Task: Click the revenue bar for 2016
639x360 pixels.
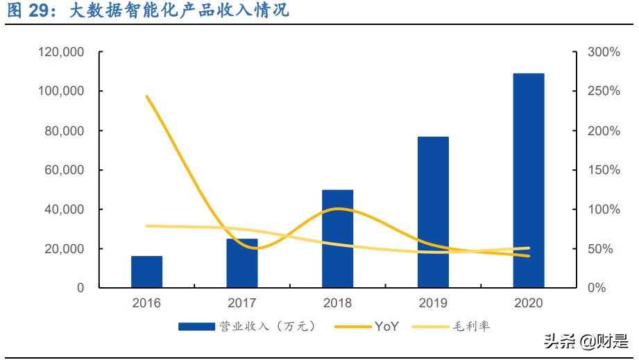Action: (x=146, y=272)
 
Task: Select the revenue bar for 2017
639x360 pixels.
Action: (x=242, y=264)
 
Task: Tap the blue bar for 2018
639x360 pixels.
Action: (x=337, y=239)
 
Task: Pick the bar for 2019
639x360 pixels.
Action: (x=433, y=212)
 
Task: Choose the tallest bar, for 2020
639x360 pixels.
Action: (x=529, y=180)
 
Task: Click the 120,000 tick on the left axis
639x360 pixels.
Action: (x=62, y=52)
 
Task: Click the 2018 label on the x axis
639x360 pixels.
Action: (x=337, y=303)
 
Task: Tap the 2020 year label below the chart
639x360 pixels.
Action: (x=529, y=303)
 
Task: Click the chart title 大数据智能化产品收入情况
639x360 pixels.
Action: (x=180, y=12)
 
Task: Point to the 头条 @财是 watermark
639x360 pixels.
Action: (x=586, y=341)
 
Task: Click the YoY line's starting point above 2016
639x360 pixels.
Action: (x=147, y=96)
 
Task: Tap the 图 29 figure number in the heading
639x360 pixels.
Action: (x=31, y=12)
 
